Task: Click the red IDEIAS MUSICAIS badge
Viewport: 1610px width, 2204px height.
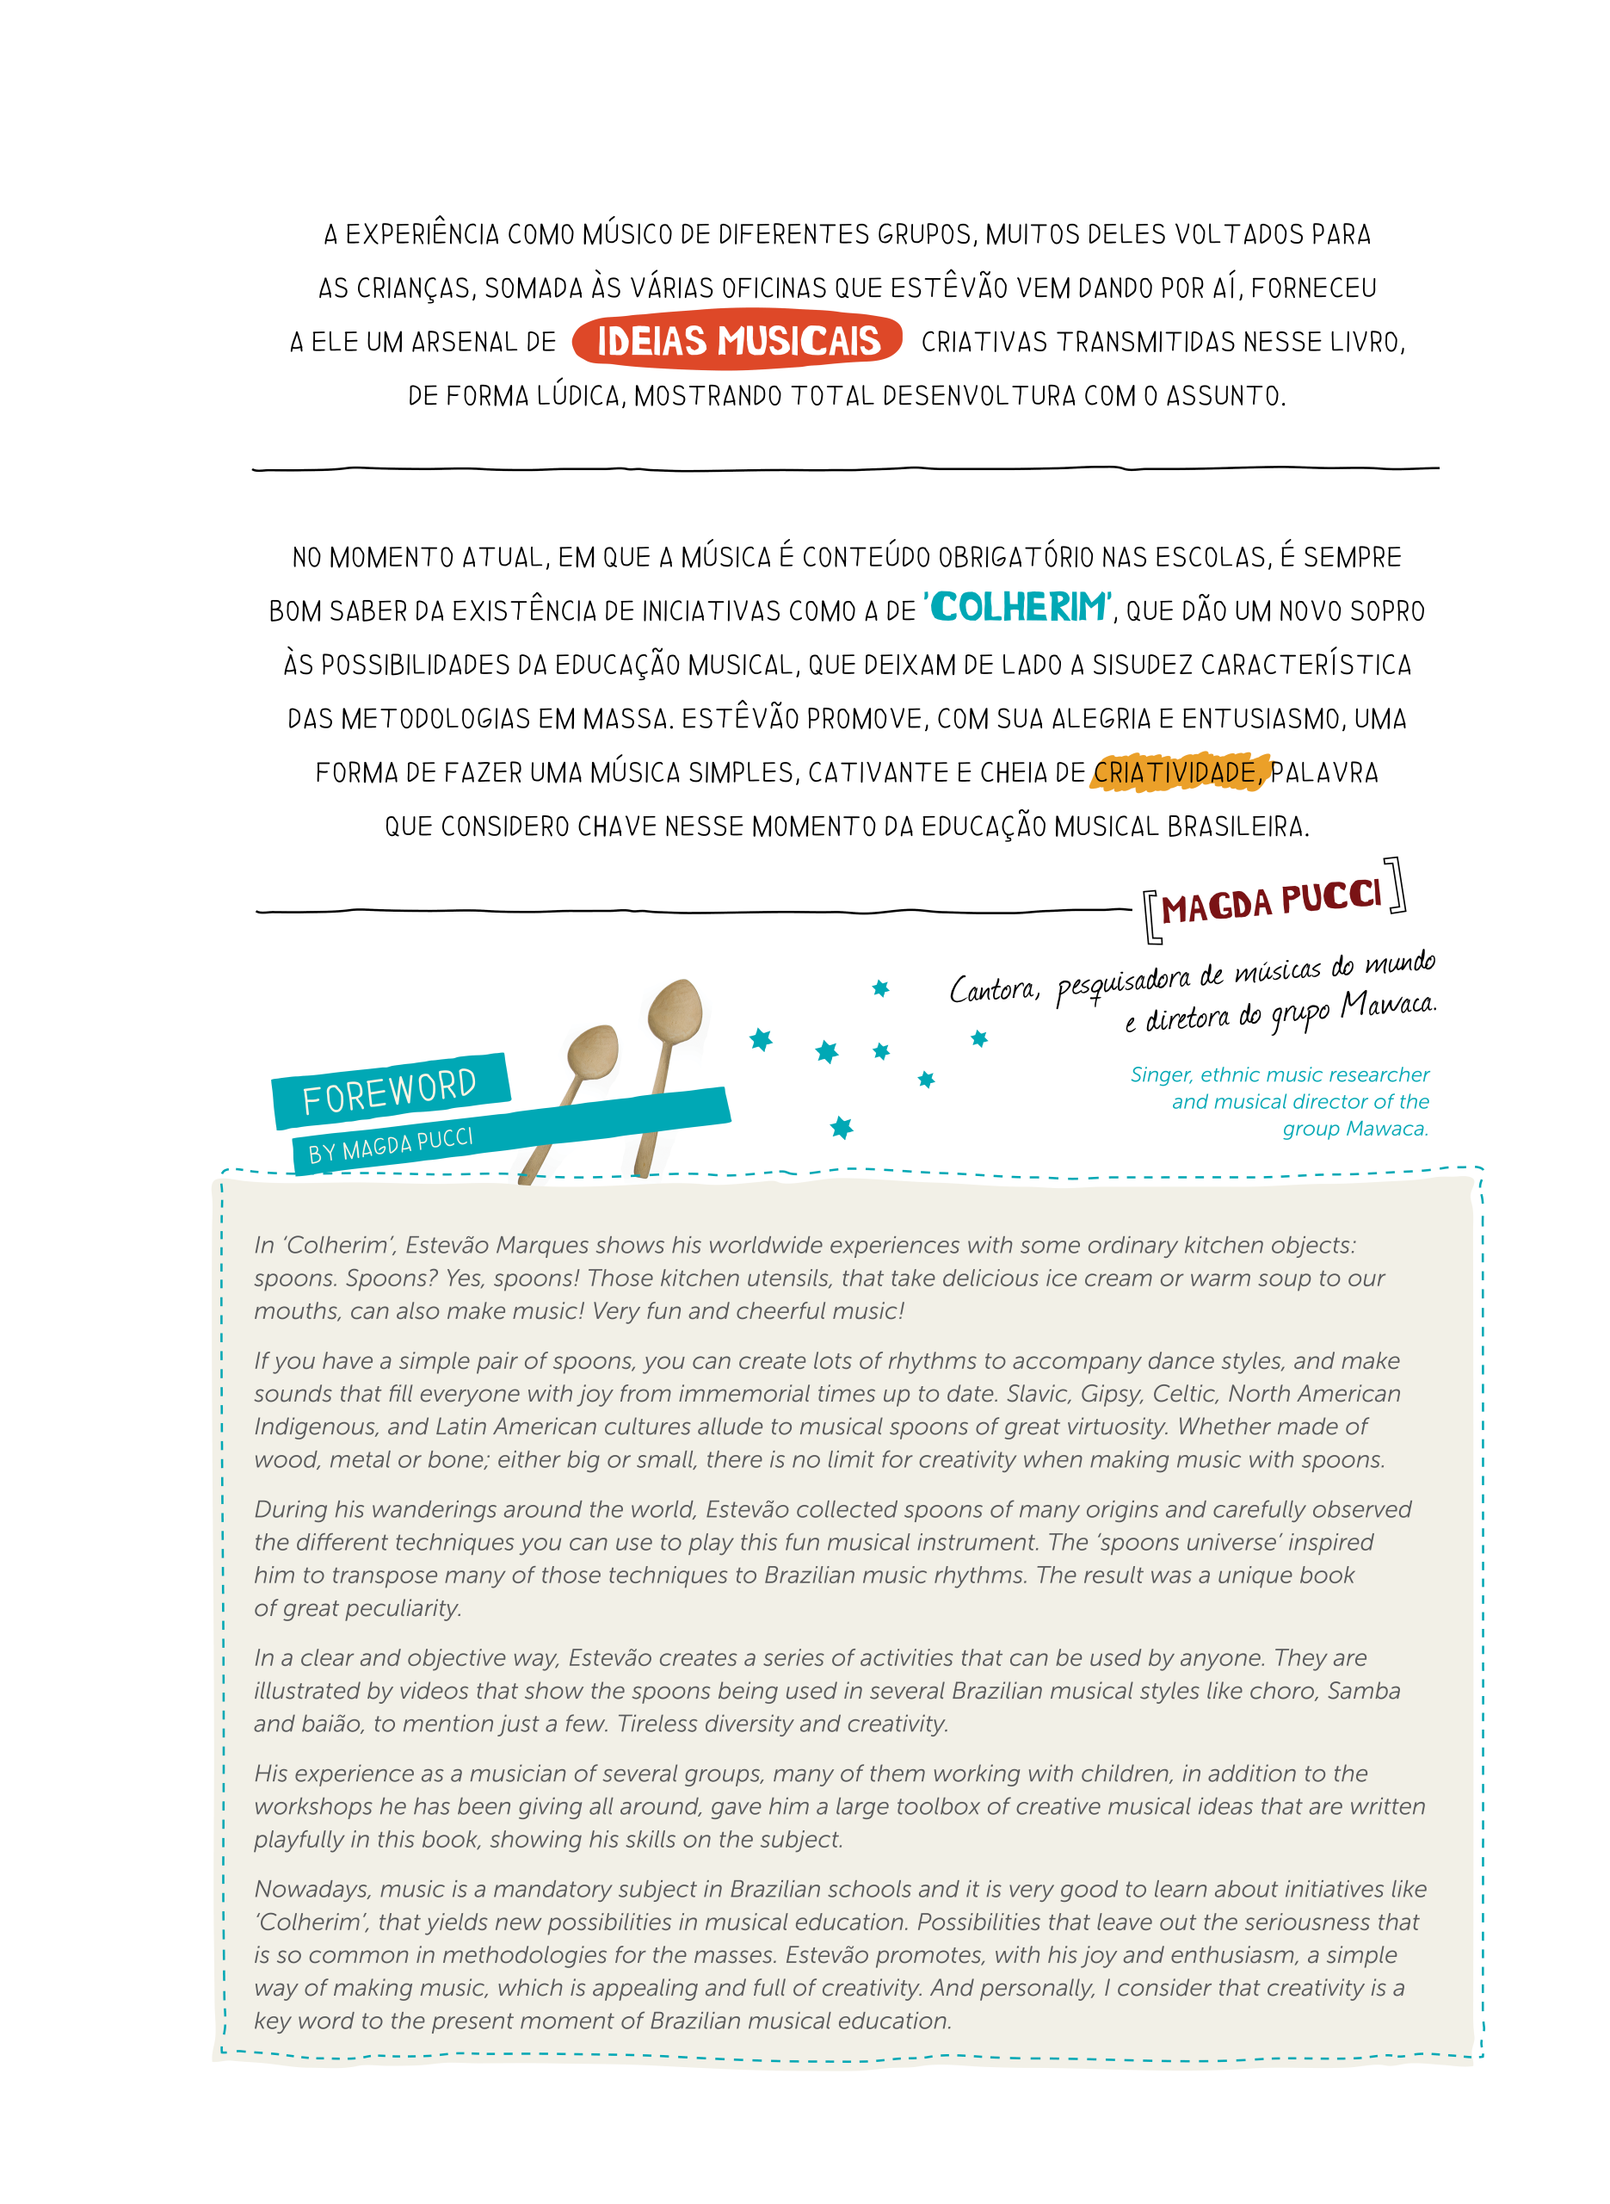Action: click(x=737, y=340)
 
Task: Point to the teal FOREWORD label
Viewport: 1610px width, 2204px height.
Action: click(x=389, y=1090)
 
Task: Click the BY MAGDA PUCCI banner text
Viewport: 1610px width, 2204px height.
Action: click(x=391, y=1145)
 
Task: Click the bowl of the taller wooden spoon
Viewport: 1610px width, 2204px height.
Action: click(x=675, y=1008)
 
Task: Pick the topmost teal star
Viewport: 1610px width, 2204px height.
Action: click(x=880, y=988)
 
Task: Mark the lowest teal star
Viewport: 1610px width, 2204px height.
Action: click(x=841, y=1128)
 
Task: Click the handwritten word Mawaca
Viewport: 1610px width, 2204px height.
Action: click(x=1387, y=1003)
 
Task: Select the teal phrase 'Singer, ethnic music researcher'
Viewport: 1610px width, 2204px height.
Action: click(x=1280, y=1074)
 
